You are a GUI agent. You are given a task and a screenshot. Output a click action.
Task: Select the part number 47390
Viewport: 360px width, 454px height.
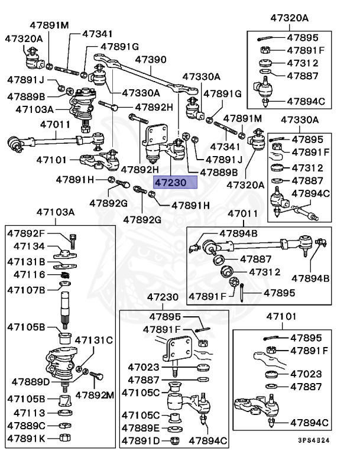[x=151, y=60]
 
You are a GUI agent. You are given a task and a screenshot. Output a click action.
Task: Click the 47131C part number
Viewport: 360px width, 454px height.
[x=96, y=340]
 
